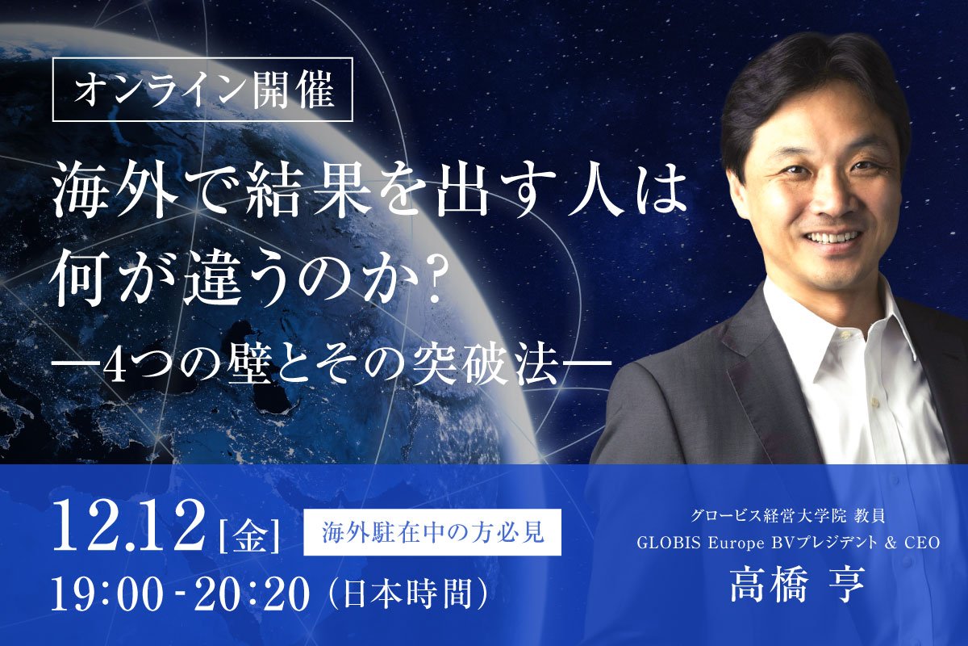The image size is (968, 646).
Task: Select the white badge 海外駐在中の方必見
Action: click(x=432, y=534)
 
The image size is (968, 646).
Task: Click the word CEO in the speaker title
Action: click(x=922, y=543)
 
